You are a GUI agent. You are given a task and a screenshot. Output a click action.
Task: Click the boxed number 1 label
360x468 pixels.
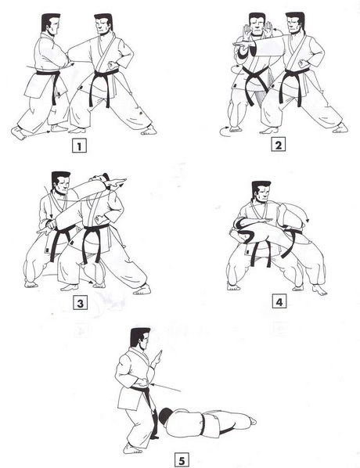tap(77, 145)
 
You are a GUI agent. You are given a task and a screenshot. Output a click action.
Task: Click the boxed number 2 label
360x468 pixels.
tap(277, 145)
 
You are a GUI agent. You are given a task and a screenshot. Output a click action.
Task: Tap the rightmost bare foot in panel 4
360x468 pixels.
tap(319, 290)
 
